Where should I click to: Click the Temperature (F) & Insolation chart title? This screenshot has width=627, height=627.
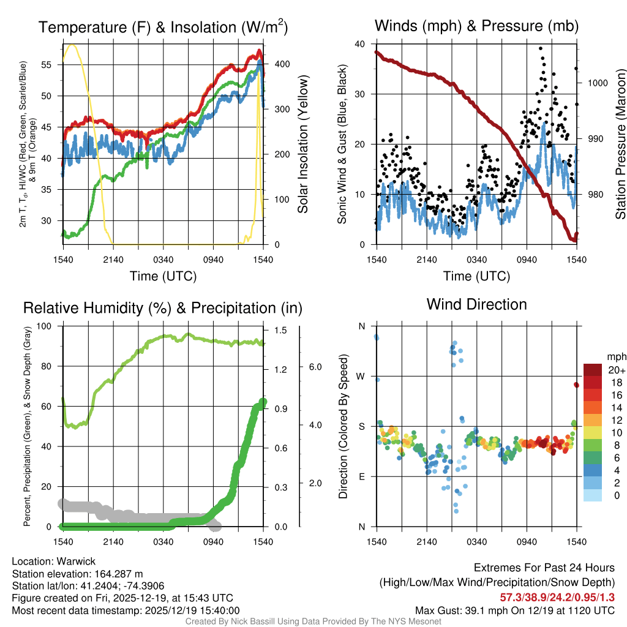tap(163, 27)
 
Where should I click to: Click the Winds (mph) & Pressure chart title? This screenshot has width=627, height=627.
tap(476, 26)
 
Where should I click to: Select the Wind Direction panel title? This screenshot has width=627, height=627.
tap(476, 304)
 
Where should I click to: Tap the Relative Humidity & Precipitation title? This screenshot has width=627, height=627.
tap(162, 307)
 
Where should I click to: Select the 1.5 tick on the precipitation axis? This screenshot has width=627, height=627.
tap(280, 330)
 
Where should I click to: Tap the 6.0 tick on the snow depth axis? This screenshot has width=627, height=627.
tap(314, 367)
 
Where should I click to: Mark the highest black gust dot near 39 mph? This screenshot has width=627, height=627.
tap(541, 48)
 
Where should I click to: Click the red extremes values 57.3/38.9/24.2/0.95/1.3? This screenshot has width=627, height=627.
tap(558, 597)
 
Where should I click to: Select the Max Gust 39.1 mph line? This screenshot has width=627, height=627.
tap(514, 610)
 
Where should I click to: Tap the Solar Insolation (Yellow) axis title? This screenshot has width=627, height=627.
tap(302, 145)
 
